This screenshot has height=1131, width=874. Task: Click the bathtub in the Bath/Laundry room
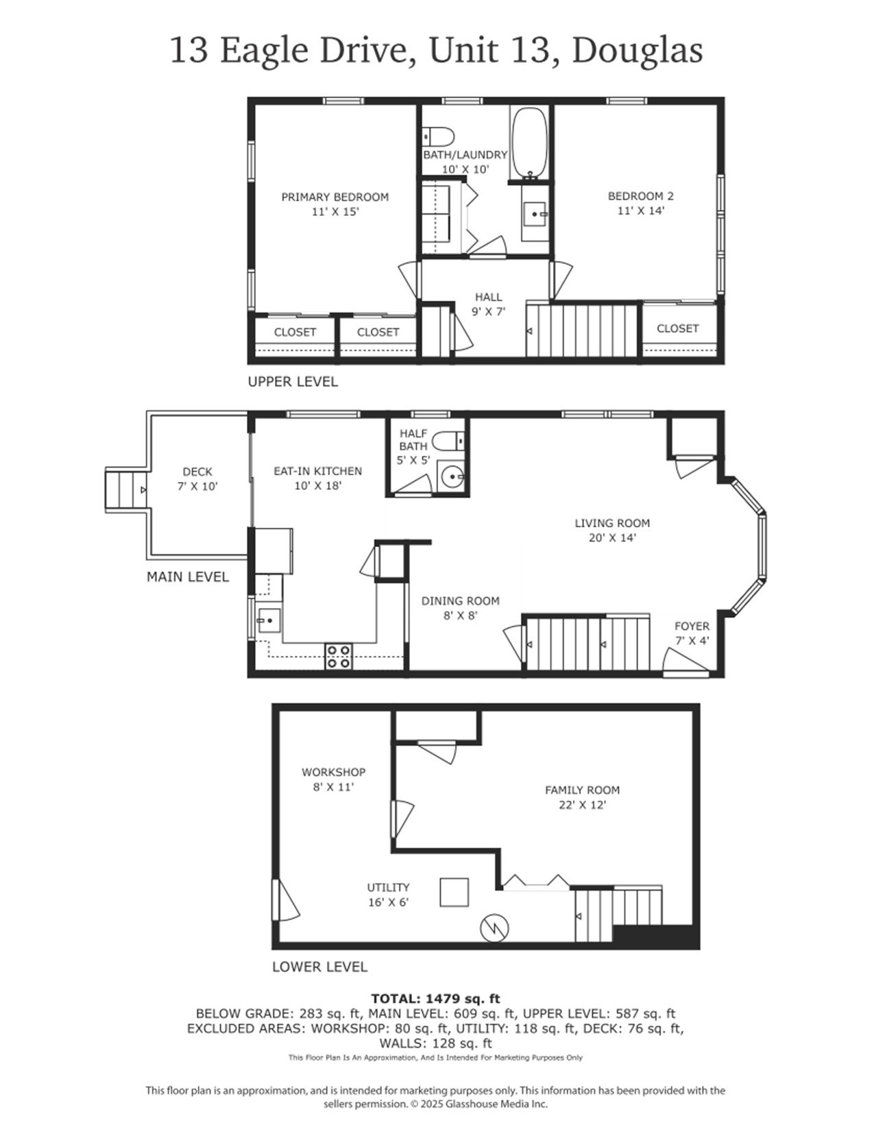click(529, 143)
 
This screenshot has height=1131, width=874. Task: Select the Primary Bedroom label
click(335, 197)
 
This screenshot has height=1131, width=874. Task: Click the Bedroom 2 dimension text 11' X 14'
click(640, 211)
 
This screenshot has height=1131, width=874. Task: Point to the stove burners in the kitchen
click(338, 656)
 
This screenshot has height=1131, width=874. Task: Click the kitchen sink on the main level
click(268, 621)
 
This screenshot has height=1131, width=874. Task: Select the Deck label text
click(197, 472)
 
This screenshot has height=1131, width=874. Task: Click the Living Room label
click(612, 524)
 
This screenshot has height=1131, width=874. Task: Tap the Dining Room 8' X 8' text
click(460, 616)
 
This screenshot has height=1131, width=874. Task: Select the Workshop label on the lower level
click(333, 773)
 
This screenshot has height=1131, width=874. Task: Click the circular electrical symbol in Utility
click(495, 927)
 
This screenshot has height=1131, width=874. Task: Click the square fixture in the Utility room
click(454, 892)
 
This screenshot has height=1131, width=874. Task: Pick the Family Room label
click(582, 790)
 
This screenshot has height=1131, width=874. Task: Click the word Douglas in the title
click(637, 51)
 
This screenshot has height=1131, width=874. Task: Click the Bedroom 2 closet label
click(677, 328)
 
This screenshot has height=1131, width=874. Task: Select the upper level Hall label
click(488, 297)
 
